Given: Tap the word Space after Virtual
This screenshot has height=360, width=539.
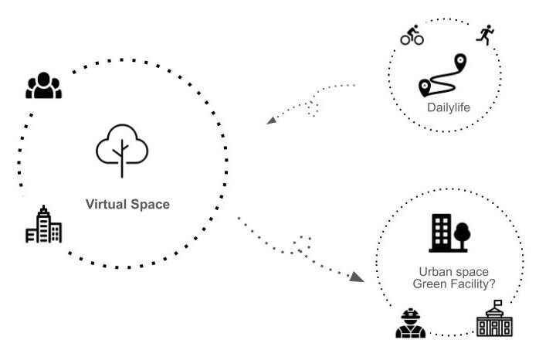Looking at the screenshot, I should pos(150,205).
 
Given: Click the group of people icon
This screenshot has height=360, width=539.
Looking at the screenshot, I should pos(43,85).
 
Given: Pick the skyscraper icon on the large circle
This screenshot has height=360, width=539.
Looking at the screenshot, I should pos(43,225).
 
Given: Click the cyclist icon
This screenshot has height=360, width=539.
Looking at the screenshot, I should pos(412,36).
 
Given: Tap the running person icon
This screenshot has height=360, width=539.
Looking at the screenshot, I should pos(485,35).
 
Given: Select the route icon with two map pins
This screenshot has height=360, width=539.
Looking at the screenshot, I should pos(444,76).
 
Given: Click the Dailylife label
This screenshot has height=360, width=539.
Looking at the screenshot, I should pos(448,107).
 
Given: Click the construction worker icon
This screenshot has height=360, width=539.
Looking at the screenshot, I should pos(410,323).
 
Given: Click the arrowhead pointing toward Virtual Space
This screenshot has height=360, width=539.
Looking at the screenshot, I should pos(270,121).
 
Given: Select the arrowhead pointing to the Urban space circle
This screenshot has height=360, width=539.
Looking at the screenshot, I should pos(356,276).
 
